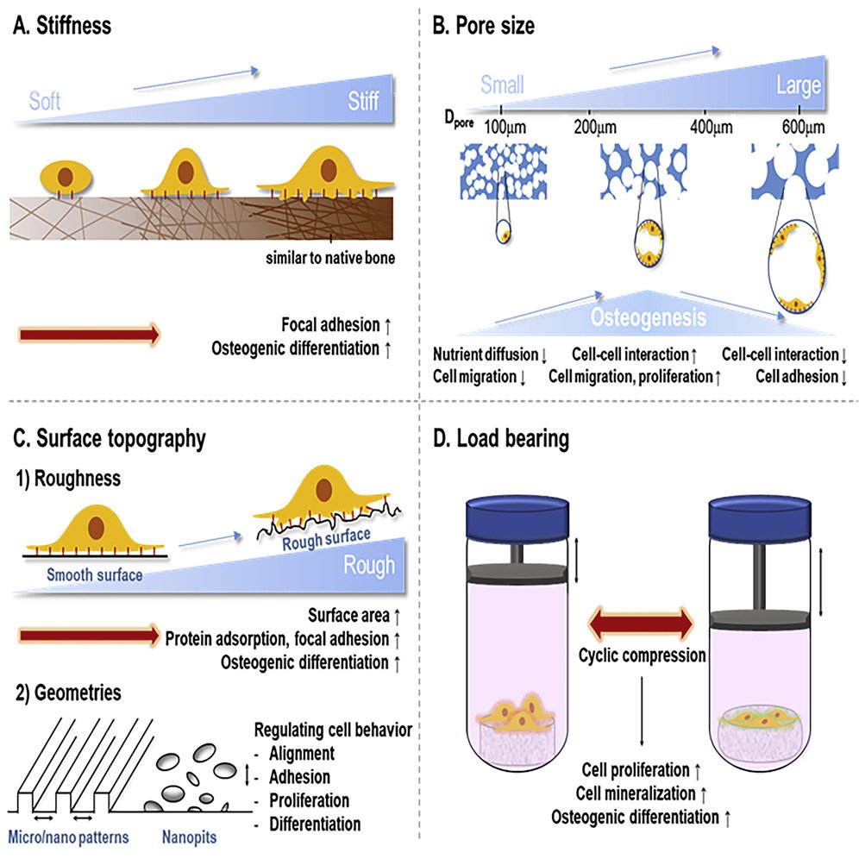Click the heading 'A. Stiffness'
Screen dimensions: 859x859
(62, 26)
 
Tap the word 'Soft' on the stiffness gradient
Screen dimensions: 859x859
(44, 102)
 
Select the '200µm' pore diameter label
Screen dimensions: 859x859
(595, 127)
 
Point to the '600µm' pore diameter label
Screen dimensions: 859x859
(803, 127)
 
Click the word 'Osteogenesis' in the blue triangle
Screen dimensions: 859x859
(648, 317)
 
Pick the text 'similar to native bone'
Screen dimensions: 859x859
(330, 258)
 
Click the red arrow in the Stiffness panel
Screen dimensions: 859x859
(90, 334)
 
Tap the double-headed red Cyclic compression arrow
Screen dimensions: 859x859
(640, 624)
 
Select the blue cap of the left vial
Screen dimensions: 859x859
(517, 517)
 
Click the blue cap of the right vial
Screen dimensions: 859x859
(760, 517)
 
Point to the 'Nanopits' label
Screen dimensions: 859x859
(189, 837)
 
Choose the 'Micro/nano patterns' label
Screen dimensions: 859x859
(68, 837)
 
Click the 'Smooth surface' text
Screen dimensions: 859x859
(94, 574)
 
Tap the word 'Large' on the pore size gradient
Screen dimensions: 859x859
(799, 85)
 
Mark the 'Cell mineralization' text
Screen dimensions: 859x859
(636, 793)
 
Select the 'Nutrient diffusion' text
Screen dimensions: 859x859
(486, 354)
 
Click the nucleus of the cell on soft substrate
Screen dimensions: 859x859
(66, 177)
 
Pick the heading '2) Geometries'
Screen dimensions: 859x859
(68, 693)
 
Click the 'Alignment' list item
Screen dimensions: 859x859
(302, 753)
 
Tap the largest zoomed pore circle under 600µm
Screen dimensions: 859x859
(769, 266)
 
